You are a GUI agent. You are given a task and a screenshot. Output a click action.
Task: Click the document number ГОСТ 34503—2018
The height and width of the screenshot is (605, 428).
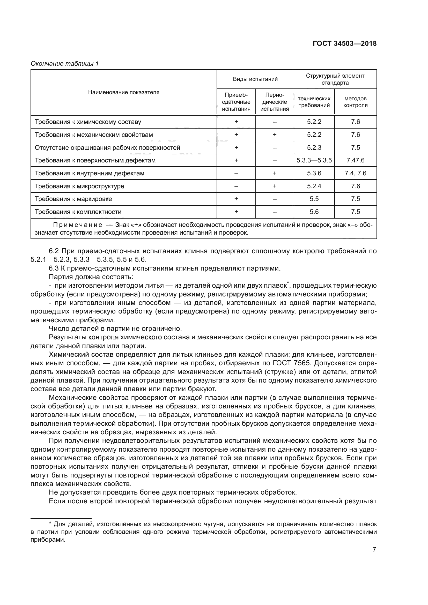pyautogui.click(x=344, y=43)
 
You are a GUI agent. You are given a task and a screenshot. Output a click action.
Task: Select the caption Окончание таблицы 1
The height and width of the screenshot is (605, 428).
pyautogui.click(x=65, y=64)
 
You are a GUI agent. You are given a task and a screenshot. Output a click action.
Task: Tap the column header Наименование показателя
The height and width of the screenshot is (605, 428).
pyautogui.click(x=124, y=92)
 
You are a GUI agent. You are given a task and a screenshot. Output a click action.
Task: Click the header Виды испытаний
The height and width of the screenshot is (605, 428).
pyautogui.click(x=255, y=79)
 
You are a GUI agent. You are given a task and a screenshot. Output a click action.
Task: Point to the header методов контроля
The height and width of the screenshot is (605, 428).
pyautogui.click(x=355, y=102)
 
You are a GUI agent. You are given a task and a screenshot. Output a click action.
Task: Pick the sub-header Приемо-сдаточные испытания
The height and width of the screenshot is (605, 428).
pyautogui.click(x=236, y=102)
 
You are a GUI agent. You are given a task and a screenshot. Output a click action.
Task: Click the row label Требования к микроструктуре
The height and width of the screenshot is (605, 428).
pyautogui.click(x=79, y=186)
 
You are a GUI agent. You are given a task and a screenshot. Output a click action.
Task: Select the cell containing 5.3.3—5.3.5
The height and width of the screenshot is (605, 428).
pyautogui.click(x=314, y=160)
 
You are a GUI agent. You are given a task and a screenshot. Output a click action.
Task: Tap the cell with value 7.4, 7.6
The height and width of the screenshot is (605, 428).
pyautogui.click(x=355, y=173)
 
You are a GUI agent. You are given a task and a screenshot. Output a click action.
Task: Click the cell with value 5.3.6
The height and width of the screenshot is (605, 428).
pyautogui.click(x=314, y=173)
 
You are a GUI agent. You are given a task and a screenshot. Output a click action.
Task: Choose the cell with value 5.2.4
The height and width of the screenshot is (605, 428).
pyautogui.click(x=314, y=186)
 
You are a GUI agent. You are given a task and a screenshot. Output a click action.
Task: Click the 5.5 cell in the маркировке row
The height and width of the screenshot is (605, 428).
pyautogui.click(x=314, y=199)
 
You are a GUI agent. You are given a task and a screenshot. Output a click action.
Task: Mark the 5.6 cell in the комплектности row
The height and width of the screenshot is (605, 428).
pyautogui.click(x=314, y=212)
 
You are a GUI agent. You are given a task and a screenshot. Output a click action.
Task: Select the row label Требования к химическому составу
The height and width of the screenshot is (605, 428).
pyautogui.click(x=88, y=122)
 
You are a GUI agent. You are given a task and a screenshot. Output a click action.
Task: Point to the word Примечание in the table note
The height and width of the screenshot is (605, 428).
pyautogui.click(x=77, y=225)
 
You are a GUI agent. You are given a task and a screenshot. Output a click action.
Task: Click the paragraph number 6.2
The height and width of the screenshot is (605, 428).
pyautogui.click(x=54, y=251)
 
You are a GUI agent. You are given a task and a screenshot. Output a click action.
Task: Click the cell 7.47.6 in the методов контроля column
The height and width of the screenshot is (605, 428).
pyautogui.click(x=355, y=160)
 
